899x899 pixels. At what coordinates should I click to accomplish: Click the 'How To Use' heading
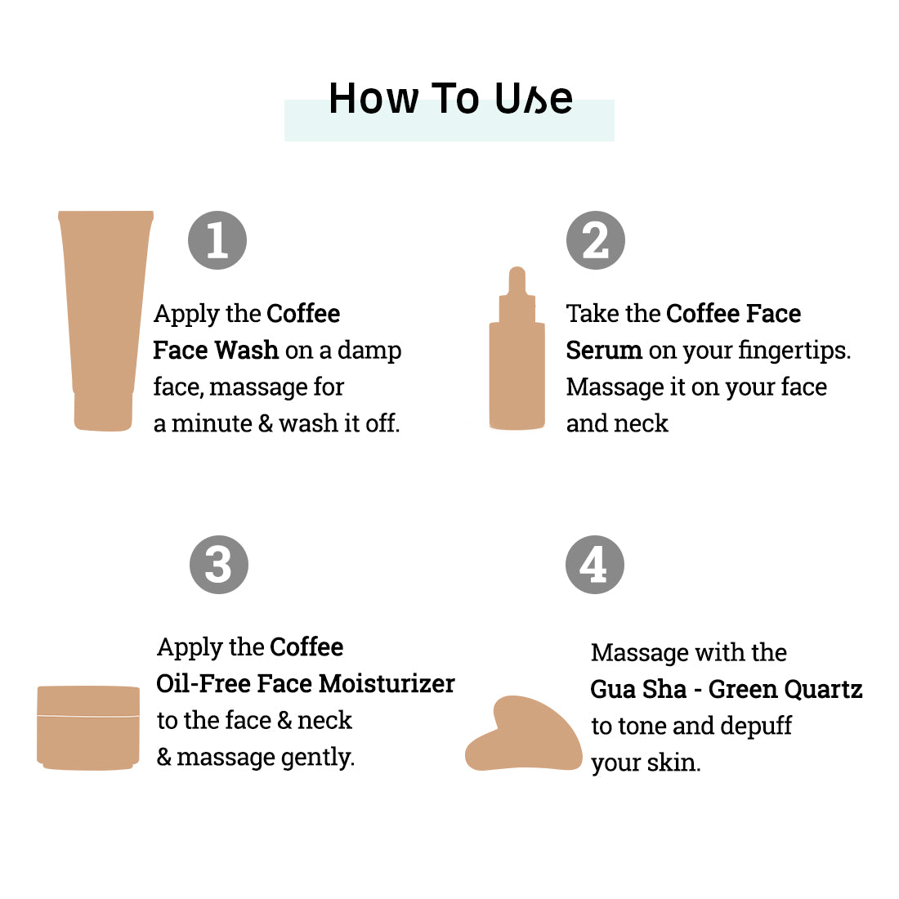pos(450,98)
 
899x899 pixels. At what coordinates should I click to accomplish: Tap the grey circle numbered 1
pos(217,240)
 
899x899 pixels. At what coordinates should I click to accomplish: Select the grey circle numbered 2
pos(596,240)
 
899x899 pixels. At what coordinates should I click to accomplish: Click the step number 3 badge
pos(219,565)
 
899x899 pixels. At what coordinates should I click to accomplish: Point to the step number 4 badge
pos(594,565)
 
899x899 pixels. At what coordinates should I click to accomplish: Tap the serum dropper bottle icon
pos(517,348)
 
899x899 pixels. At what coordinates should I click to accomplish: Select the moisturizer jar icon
pos(88,727)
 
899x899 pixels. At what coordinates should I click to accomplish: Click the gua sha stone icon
pos(523,734)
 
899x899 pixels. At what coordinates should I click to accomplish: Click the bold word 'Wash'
pos(247,350)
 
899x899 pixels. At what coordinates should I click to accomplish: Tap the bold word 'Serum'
pos(604,350)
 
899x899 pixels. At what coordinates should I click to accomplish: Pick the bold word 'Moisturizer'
pos(387,683)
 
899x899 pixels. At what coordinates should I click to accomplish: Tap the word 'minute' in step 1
pos(212,423)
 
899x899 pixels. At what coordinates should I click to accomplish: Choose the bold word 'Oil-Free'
pos(203,683)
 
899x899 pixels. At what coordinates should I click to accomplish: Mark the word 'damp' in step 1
pos(369,351)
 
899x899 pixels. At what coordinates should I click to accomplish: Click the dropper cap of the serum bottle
pos(517,293)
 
